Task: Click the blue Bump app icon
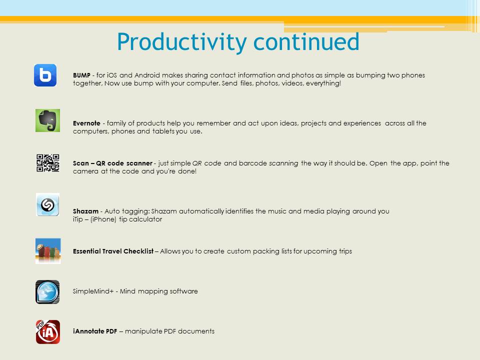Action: point(45,75)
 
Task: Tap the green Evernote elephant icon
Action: point(48,120)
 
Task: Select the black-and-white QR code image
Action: point(48,163)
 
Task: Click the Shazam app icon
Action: point(47,204)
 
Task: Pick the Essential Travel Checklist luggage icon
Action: point(48,251)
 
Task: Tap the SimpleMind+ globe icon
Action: point(47,292)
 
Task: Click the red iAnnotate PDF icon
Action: point(48,332)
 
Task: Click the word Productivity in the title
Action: point(182,42)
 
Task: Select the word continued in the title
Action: point(306,42)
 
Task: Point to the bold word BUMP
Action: point(81,75)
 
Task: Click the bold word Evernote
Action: point(86,123)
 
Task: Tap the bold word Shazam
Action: point(85,211)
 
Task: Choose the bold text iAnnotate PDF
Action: point(95,331)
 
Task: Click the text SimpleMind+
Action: point(93,291)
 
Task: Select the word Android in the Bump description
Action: point(147,75)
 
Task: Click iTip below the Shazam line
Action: point(78,219)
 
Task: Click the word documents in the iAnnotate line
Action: point(196,331)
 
